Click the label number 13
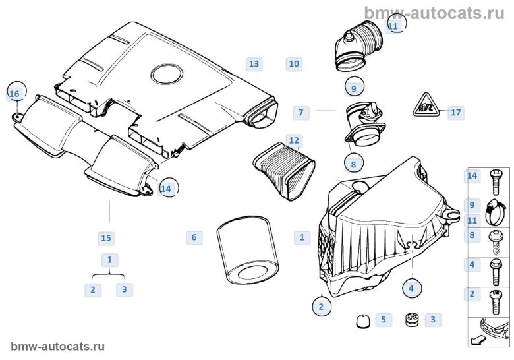(x=254, y=64)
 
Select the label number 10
(x=294, y=64)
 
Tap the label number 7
(x=300, y=113)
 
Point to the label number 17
(x=455, y=113)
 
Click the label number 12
(x=294, y=140)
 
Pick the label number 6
(x=194, y=237)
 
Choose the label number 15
(x=105, y=237)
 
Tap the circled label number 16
(x=14, y=94)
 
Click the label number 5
(x=383, y=320)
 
